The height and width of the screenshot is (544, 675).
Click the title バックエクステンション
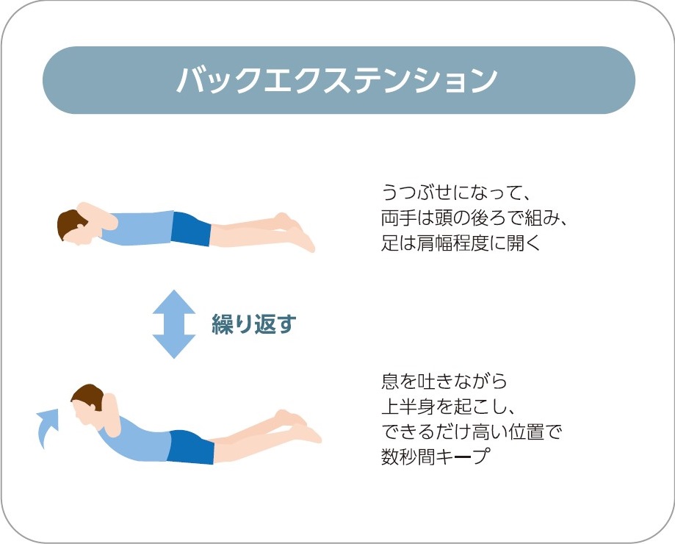click(x=337, y=80)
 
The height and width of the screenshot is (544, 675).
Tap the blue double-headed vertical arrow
click(x=174, y=323)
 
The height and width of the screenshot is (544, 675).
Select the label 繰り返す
click(x=253, y=324)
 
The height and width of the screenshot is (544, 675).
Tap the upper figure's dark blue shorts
click(x=190, y=229)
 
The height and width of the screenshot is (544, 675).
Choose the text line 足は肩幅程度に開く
click(x=461, y=243)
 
